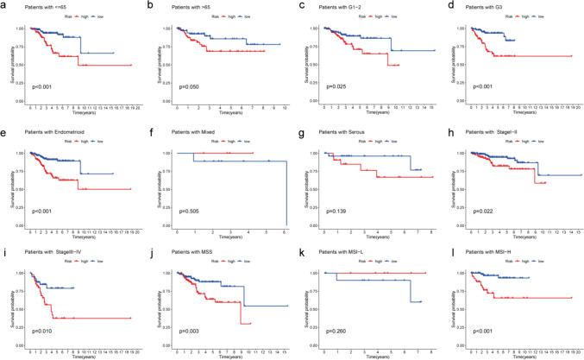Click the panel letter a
pyautogui.click(x=4, y=5)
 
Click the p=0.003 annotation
pyautogui.click(x=191, y=331)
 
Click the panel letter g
pyautogui.click(x=298, y=126)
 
